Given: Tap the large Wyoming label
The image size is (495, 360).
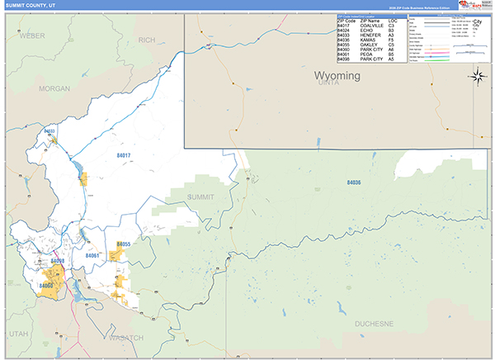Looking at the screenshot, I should point(337,76).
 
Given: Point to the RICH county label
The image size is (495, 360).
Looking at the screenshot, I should point(147,40).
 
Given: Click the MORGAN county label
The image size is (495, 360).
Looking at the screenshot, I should point(54,88).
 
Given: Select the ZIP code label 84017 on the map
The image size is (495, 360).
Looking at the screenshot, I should point(124,154).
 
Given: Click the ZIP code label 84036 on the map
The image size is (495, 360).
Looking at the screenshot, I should point(354,182).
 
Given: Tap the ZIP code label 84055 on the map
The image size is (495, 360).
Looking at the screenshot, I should point(124,244).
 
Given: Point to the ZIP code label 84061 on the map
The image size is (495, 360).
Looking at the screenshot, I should point(92,256).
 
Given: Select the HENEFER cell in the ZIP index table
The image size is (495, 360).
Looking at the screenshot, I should point(371,36).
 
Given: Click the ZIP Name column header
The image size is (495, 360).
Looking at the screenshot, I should point(371,21).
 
